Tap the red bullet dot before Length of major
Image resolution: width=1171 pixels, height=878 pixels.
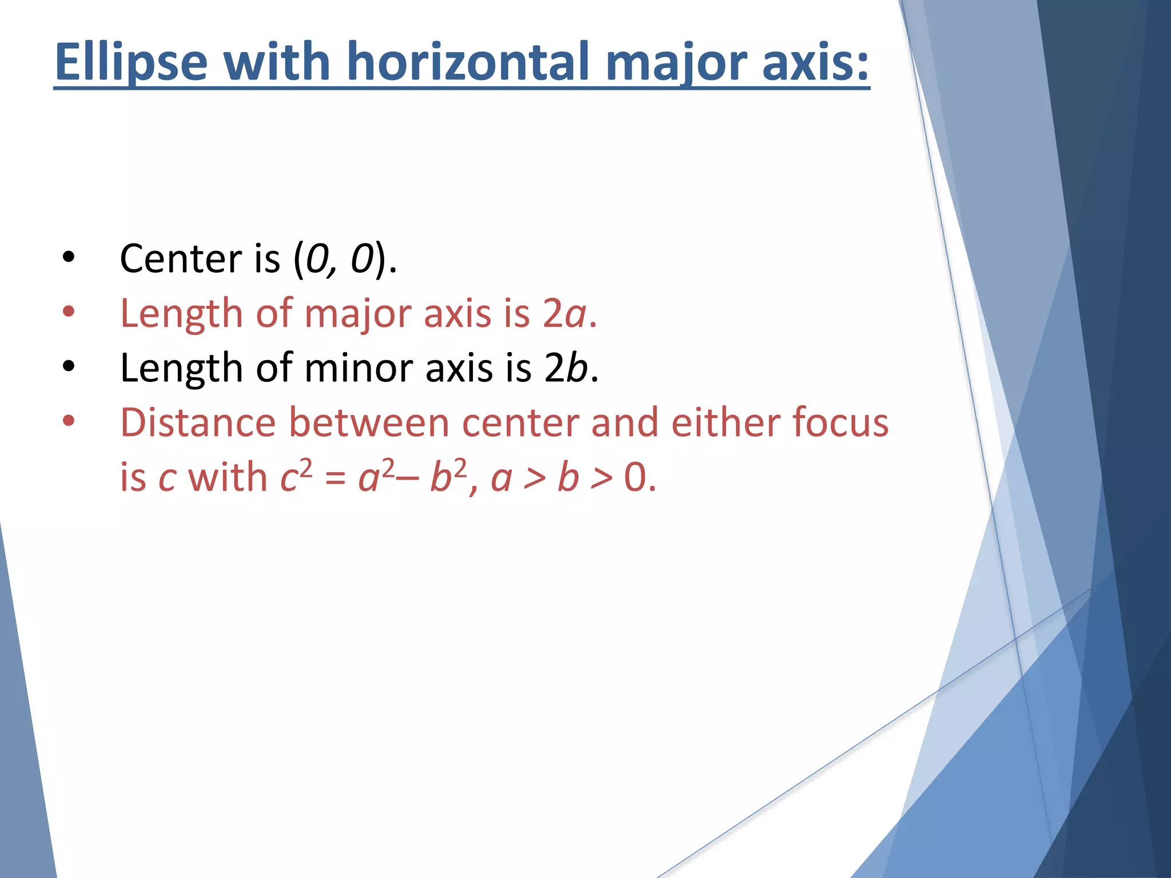pyautogui.click(x=69, y=312)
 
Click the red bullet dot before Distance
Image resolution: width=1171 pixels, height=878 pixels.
pyautogui.click(x=69, y=422)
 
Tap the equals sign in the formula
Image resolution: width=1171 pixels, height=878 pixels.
pyautogui.click(x=335, y=478)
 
